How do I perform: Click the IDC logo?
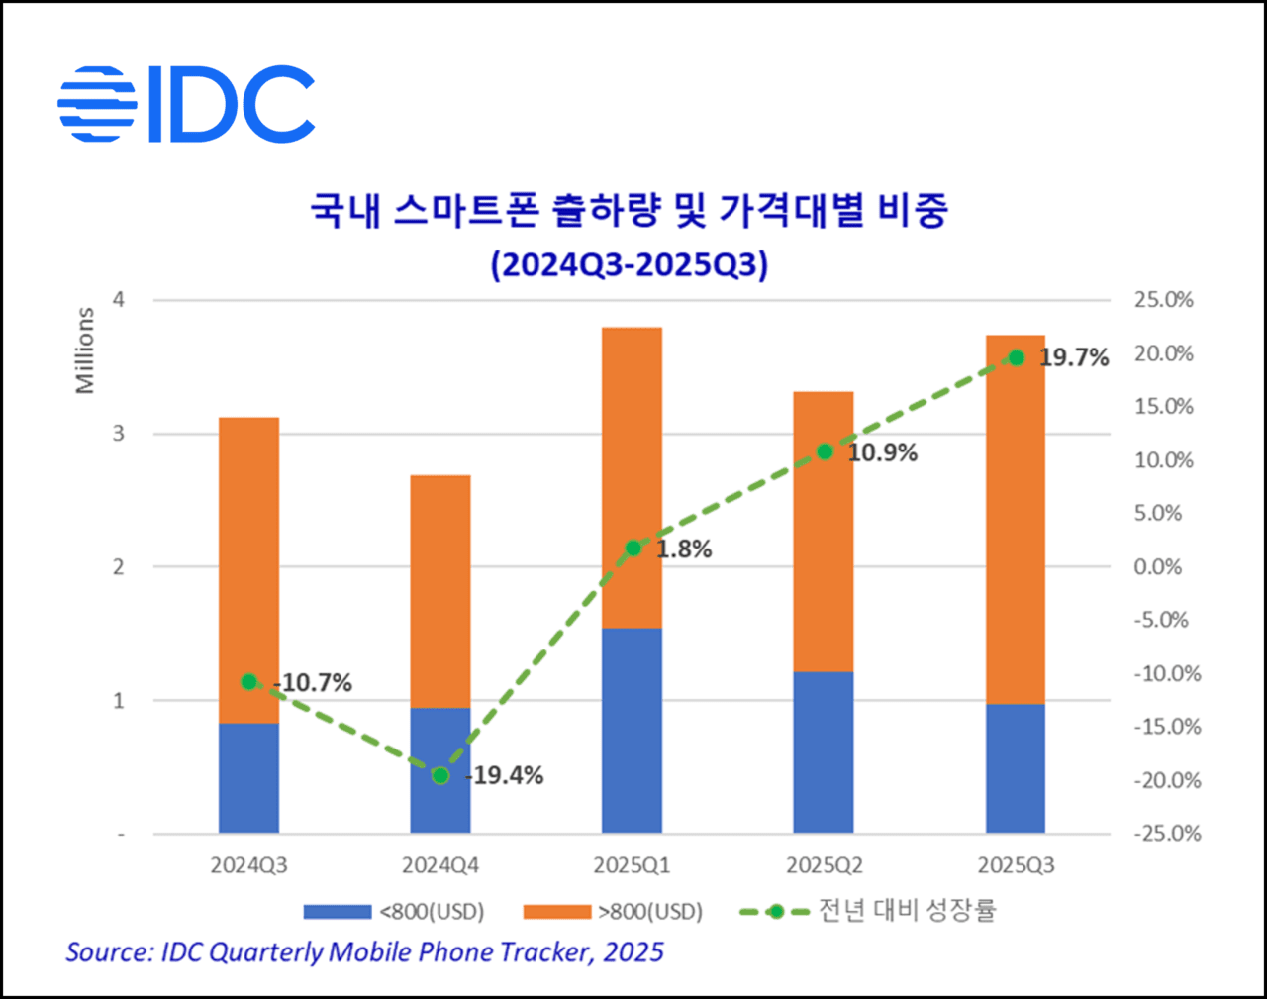186,104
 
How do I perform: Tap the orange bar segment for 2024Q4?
440,591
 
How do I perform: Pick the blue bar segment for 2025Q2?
824,752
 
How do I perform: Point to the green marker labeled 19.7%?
1016,357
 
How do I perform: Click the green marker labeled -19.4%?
440,775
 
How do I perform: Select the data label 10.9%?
882,453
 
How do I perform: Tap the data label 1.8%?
684,549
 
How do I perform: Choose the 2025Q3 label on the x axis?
1016,865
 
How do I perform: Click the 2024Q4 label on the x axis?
440,865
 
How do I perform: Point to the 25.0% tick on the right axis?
1163,300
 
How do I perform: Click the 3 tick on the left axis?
119,434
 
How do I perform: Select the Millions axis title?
85,350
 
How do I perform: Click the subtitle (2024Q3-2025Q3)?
630,265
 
